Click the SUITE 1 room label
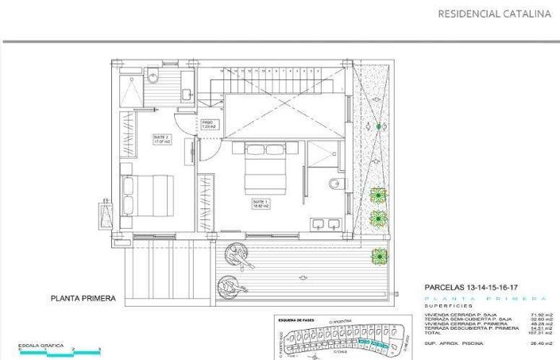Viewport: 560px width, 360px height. click(x=261, y=203)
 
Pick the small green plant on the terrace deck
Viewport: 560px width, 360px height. click(x=379, y=255)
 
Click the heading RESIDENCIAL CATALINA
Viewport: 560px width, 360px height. click(x=494, y=14)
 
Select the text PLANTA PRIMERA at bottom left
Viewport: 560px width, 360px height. click(x=83, y=299)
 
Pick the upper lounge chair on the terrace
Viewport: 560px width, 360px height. click(x=238, y=254)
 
